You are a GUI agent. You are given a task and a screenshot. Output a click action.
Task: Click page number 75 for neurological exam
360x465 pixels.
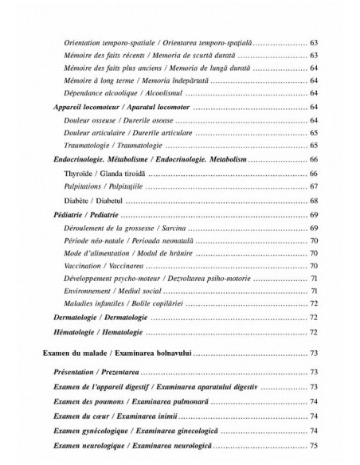click(x=314, y=445)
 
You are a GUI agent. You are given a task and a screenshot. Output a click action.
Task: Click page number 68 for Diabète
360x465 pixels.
click(x=314, y=200)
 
